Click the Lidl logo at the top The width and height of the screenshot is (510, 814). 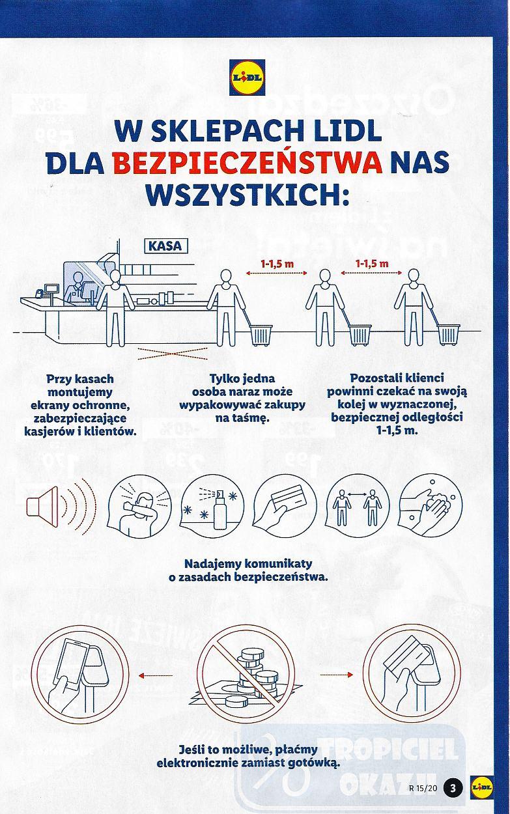[248, 77]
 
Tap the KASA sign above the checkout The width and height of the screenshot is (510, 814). [165, 246]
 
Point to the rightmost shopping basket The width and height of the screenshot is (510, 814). [448, 334]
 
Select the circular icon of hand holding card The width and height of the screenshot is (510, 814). [285, 505]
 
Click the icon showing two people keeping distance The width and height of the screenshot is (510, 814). [356, 505]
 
